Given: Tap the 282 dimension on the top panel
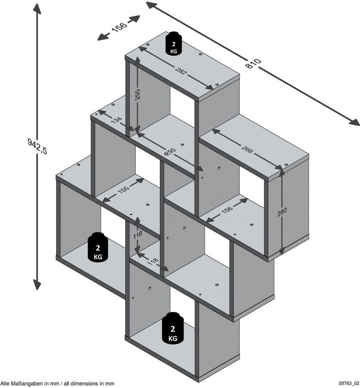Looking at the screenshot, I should pos(180,72).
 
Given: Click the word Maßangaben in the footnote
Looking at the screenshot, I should pos(28,383).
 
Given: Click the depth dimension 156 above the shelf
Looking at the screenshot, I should pos(119,28).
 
